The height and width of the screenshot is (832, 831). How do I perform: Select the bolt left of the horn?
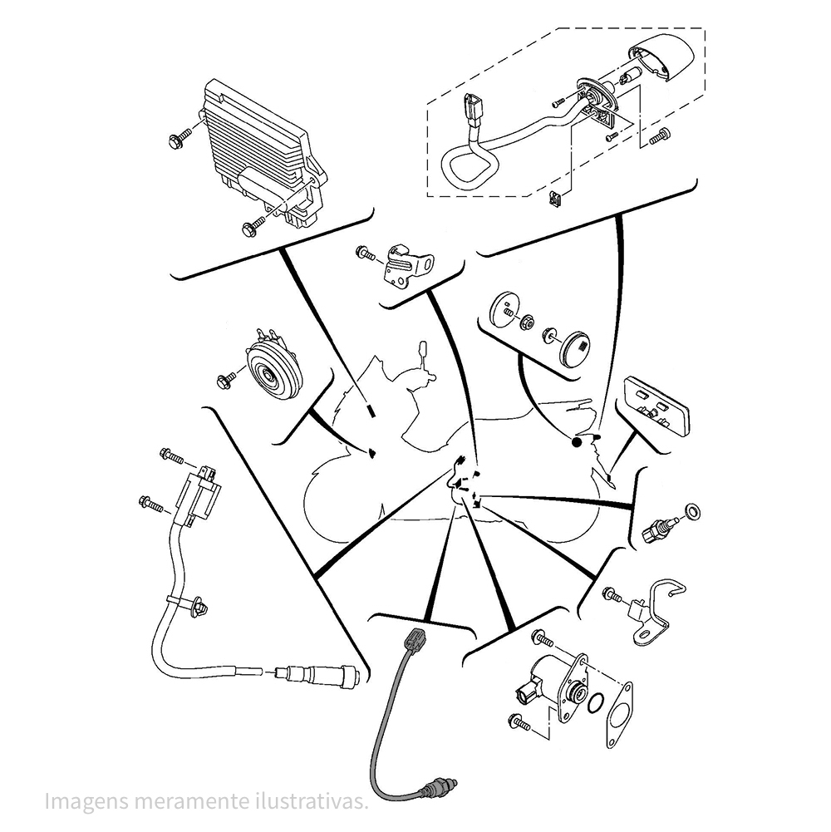pos(225,381)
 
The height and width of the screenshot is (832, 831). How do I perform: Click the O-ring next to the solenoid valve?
pos(594,706)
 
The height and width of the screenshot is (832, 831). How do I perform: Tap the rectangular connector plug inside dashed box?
pos(471,110)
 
